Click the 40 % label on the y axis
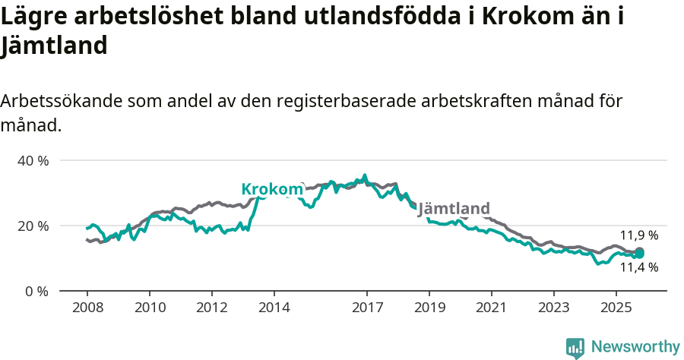(x=33, y=161)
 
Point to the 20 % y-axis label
(x=33, y=226)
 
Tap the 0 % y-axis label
(x=36, y=291)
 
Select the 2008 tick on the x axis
(x=87, y=308)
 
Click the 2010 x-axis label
(x=149, y=308)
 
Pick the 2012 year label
(x=211, y=308)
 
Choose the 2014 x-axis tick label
(x=274, y=308)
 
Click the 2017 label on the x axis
(x=367, y=308)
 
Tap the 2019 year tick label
(x=429, y=308)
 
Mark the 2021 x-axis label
(x=492, y=308)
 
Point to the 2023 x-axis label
(x=553, y=308)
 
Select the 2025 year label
(x=616, y=308)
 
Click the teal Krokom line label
(x=271, y=190)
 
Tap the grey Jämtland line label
(x=454, y=209)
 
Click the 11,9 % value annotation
(x=639, y=235)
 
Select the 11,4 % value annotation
(x=639, y=267)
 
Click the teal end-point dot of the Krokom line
(x=640, y=254)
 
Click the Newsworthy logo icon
(x=575, y=348)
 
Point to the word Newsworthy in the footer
(x=635, y=347)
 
